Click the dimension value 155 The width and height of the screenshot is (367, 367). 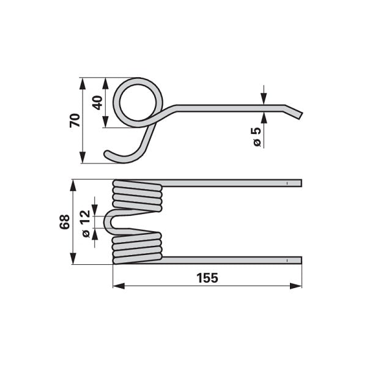(x=207, y=278)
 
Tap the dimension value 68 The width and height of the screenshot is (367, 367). (x=64, y=222)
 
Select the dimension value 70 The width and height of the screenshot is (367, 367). (x=75, y=120)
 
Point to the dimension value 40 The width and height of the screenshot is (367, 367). (x=97, y=103)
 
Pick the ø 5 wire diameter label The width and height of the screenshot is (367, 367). (x=256, y=137)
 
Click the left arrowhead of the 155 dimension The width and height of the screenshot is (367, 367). (x=119, y=286)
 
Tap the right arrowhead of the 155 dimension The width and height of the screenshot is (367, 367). (x=296, y=286)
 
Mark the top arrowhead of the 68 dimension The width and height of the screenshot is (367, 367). (x=73, y=185)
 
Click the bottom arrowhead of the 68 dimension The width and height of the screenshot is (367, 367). (x=73, y=259)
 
